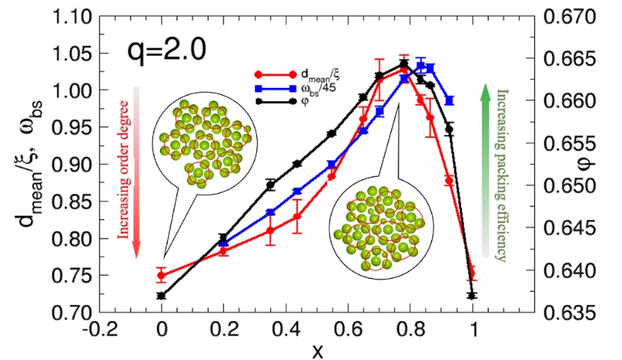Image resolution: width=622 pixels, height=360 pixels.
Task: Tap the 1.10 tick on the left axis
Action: (x=79, y=16)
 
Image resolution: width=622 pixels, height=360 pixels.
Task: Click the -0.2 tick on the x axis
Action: (x=98, y=329)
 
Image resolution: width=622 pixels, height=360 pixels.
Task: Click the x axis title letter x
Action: (x=317, y=349)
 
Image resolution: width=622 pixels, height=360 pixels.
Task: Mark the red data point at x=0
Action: (x=162, y=276)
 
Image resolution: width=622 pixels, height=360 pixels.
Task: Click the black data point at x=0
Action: (x=162, y=296)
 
